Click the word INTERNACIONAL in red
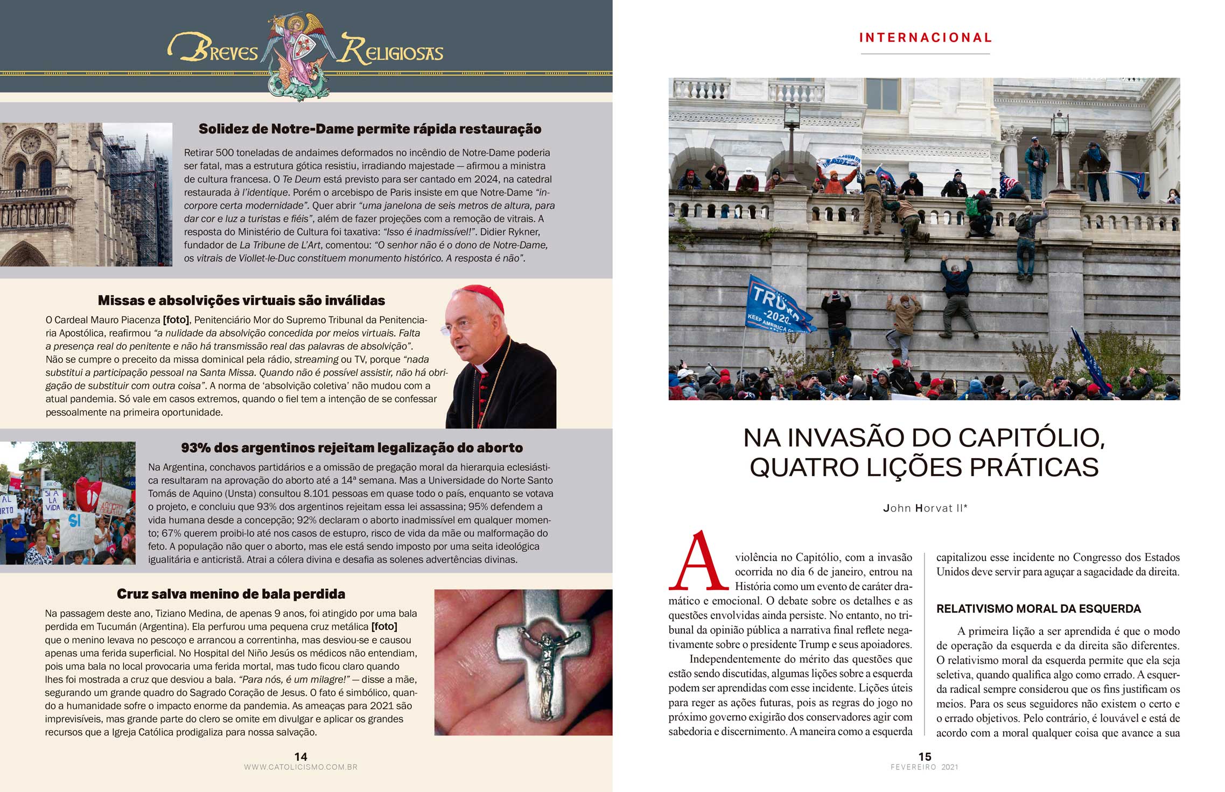925,38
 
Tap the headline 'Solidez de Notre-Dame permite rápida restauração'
370,129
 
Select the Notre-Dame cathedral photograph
86,194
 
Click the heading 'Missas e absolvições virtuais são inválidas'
241,300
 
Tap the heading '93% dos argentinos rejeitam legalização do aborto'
352,448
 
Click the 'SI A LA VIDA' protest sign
52,501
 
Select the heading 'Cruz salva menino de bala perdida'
231,594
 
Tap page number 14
300,756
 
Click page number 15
925,756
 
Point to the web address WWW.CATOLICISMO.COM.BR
300,767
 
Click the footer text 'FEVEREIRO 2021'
925,767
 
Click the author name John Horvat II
925,508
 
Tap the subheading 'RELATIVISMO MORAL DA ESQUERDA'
1039,609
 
